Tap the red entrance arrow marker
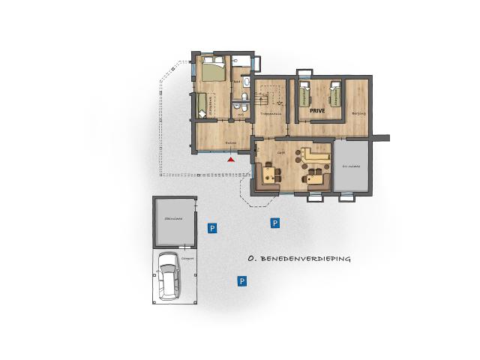coord(231,158)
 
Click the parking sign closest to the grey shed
coord(212,227)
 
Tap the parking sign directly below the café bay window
coord(275,223)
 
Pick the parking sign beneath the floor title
coord(242,281)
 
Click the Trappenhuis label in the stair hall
coord(269,113)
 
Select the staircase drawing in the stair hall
coord(269,96)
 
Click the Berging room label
coord(358,113)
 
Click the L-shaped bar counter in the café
coord(316,159)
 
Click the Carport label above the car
coord(187,258)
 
